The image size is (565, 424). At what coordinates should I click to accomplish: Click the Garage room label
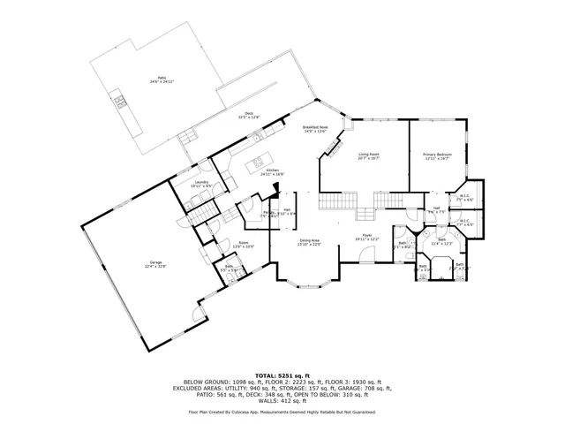(x=156, y=262)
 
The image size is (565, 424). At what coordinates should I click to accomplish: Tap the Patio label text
(x=161, y=79)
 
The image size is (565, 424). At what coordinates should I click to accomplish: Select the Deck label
(x=250, y=114)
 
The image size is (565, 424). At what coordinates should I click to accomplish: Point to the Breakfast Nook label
(x=316, y=128)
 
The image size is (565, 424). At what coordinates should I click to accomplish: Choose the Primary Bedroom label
(x=436, y=155)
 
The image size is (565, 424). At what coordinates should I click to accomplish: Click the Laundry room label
(x=200, y=183)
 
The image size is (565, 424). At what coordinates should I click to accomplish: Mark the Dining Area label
(x=309, y=239)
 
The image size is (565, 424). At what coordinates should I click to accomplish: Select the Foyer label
(x=366, y=236)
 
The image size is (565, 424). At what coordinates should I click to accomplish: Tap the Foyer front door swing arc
(x=366, y=254)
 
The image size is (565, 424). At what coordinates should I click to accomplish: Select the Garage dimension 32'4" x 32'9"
(x=156, y=266)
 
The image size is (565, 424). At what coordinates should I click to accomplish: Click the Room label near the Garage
(x=244, y=242)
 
